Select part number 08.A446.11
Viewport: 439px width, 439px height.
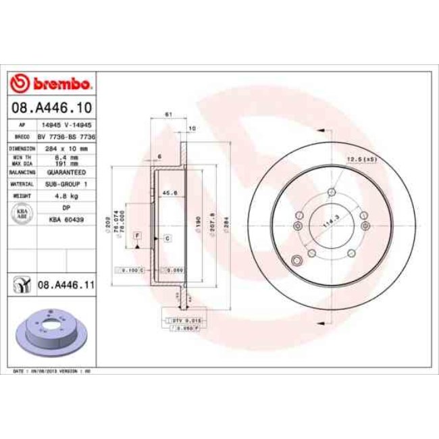coord(65,286)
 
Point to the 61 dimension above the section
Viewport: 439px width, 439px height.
coord(167,114)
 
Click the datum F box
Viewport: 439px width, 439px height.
coord(137,234)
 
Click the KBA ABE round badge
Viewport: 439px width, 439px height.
coord(21,213)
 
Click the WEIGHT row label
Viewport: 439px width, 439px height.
coord(21,196)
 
